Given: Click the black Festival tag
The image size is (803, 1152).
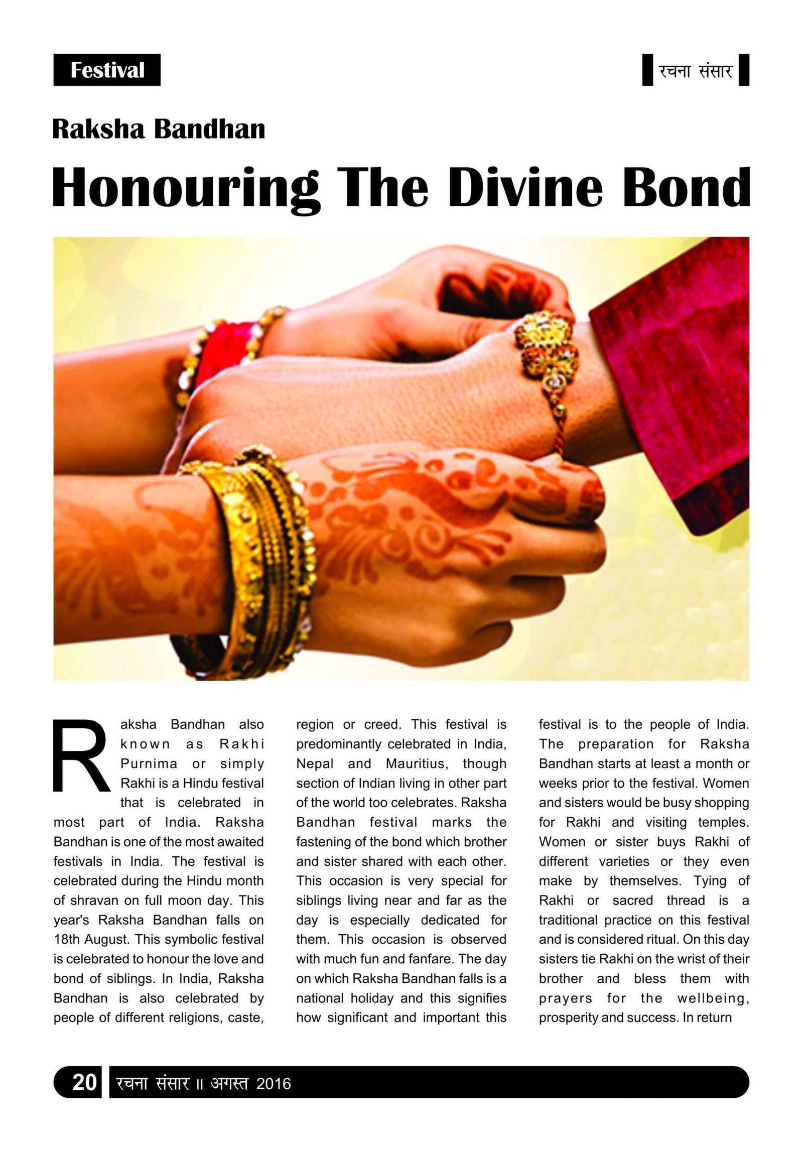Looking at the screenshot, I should [x=107, y=70].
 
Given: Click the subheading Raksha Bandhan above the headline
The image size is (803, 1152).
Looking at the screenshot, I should [x=159, y=129].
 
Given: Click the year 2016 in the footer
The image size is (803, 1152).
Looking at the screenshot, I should [x=274, y=1082].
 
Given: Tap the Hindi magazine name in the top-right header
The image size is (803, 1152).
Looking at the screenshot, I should [x=696, y=70].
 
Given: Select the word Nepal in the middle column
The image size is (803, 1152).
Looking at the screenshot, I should [x=315, y=763].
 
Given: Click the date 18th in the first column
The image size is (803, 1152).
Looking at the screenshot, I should [x=67, y=939].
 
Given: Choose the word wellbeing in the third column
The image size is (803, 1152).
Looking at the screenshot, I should [x=713, y=998].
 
